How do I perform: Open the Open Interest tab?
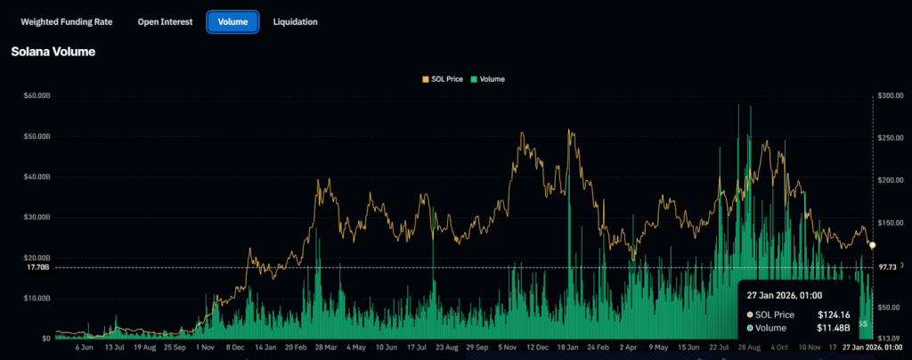165,21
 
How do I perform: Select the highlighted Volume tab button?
232,21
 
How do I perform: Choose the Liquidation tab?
295,21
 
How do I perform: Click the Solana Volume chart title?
53,53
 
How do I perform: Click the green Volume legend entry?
488,79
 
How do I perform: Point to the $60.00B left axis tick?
37,96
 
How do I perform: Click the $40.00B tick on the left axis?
37,176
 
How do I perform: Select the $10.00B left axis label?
37,298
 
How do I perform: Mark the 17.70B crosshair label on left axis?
38,267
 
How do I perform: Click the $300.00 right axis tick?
892,96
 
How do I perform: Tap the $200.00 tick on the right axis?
892,180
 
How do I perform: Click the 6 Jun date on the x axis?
85,348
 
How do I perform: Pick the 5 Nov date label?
509,348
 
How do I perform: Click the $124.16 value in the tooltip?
835,315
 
